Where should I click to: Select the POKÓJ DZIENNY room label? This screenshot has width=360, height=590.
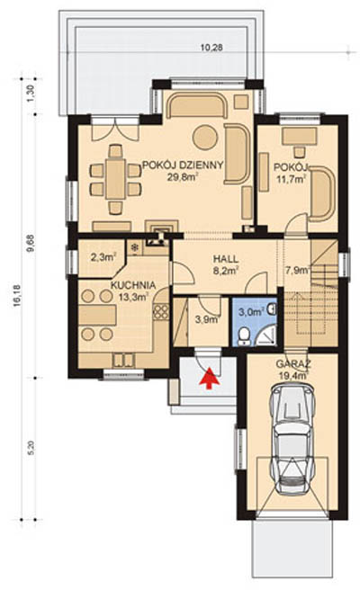tap(183, 165)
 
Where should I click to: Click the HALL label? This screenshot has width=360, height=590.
tap(226, 259)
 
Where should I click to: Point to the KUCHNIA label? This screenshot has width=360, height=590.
tap(133, 286)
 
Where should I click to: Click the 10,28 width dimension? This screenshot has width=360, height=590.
tap(211, 48)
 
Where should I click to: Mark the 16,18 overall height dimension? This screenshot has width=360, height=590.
tap(16, 295)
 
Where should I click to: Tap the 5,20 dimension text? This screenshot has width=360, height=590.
tap(31, 448)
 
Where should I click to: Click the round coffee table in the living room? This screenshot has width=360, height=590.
tap(205, 137)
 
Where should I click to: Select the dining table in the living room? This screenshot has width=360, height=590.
tap(115, 179)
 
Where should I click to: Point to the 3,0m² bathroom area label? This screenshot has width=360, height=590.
tap(251, 312)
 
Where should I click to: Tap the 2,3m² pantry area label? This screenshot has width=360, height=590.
tap(103, 257)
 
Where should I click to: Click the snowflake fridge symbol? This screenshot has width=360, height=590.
tap(134, 247)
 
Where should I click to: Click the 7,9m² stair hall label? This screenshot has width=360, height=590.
tap(298, 270)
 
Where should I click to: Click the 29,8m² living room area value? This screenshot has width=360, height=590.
tap(184, 177)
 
